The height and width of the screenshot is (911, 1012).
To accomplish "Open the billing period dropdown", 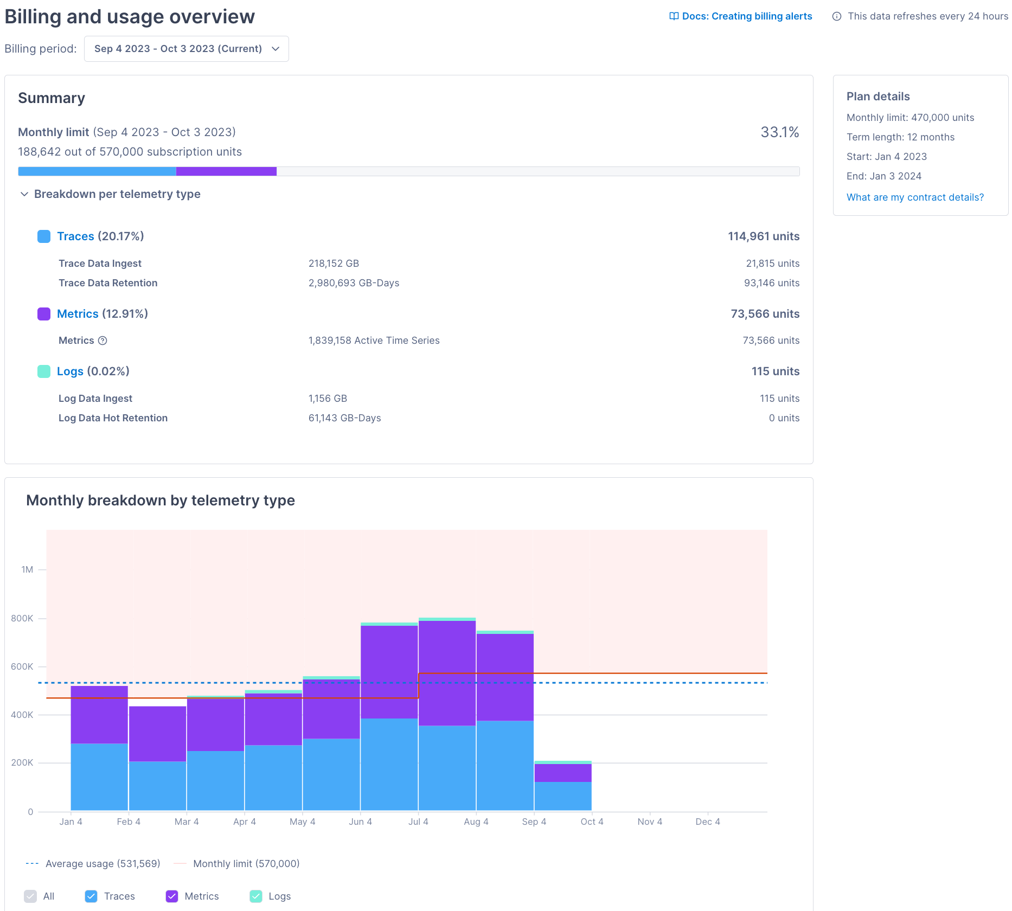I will (x=186, y=49).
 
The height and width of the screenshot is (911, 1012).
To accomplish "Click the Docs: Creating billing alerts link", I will (x=741, y=16).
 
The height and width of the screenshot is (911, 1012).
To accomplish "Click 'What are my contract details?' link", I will (x=915, y=197).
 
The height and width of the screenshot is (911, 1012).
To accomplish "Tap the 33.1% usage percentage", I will (x=779, y=132).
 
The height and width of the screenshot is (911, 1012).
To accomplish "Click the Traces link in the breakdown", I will (x=75, y=236).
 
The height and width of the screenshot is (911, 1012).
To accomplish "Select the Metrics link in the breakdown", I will (x=78, y=314).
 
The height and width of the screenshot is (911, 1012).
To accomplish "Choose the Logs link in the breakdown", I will (x=70, y=371).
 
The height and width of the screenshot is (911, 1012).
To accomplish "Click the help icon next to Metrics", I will (x=103, y=341).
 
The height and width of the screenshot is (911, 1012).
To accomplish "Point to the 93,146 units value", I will (x=771, y=283).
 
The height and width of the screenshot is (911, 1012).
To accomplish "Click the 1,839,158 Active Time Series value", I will (x=374, y=341).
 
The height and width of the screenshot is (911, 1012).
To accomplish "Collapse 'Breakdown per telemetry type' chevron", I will (x=24, y=194).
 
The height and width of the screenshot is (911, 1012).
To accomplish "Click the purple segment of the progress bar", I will (x=226, y=171).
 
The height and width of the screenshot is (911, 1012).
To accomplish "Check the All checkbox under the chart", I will (x=31, y=896).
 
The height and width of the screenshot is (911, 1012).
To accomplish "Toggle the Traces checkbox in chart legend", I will (x=91, y=896).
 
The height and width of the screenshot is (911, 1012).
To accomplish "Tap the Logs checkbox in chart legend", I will (x=256, y=896).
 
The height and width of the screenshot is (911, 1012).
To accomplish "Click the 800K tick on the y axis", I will (x=22, y=618).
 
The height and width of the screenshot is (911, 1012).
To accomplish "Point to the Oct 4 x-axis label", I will (x=592, y=822).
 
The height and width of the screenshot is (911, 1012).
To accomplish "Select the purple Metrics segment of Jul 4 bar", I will (x=447, y=672).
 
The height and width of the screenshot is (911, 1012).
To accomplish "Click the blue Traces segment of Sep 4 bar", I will (x=562, y=796).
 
